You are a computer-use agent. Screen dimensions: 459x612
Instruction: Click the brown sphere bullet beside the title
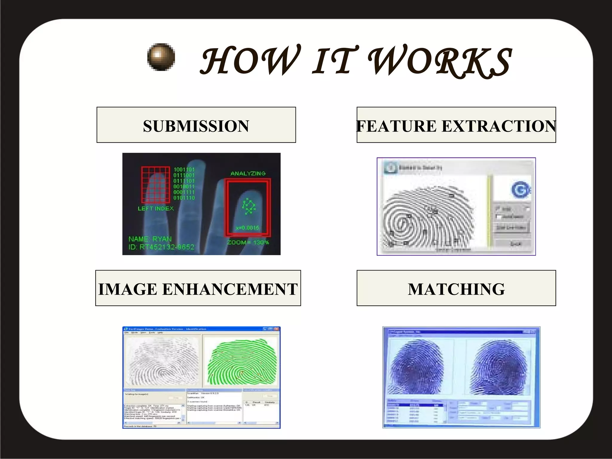[161, 57]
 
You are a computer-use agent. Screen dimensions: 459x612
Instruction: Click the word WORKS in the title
[440, 61]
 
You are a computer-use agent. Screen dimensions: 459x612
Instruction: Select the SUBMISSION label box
[196, 125]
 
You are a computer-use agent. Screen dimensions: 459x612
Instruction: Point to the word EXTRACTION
[499, 126]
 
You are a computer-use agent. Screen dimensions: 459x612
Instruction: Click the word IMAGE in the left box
[128, 289]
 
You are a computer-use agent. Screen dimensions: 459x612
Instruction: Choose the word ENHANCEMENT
[230, 289]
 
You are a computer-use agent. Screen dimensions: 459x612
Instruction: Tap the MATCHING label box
[456, 288]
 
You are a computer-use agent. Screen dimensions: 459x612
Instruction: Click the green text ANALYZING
[248, 173]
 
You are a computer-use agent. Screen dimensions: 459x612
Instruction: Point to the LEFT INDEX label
[156, 209]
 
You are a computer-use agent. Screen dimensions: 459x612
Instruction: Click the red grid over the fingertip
[155, 184]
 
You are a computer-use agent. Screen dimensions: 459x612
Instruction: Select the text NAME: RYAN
[150, 239]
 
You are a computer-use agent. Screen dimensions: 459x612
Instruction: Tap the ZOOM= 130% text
[248, 242]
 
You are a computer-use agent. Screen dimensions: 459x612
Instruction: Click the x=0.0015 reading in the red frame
[247, 228]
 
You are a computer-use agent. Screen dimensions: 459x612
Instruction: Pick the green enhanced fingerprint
[242, 362]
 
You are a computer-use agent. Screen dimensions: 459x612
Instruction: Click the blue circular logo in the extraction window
[520, 189]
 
